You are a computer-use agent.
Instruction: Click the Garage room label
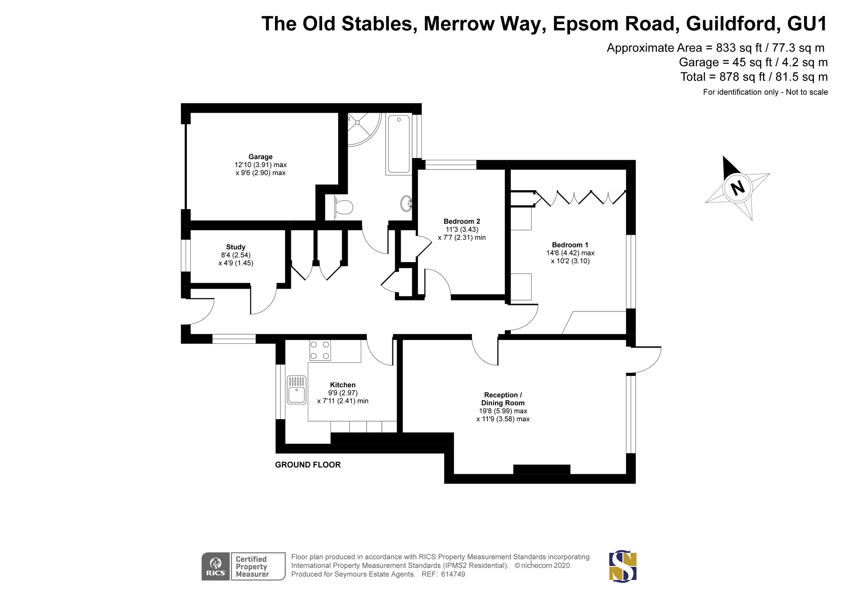260,157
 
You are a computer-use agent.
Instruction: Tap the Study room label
235,247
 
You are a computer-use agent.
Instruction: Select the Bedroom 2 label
462,221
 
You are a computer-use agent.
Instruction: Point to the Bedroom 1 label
570,245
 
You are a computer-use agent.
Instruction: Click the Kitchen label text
343,385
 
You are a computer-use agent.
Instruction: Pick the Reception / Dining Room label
503,399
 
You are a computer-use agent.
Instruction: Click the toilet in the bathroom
344,207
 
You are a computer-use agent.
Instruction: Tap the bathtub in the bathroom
398,144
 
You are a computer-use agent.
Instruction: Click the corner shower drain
357,122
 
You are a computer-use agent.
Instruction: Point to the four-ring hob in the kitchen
320,350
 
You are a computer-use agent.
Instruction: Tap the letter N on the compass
737,188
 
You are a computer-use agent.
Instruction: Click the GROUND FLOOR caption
308,465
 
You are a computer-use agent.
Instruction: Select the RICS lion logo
216,566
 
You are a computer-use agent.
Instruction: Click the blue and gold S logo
623,567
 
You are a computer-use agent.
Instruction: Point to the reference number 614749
453,574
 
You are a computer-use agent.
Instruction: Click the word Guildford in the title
731,24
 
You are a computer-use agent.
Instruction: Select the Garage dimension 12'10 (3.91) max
261,165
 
